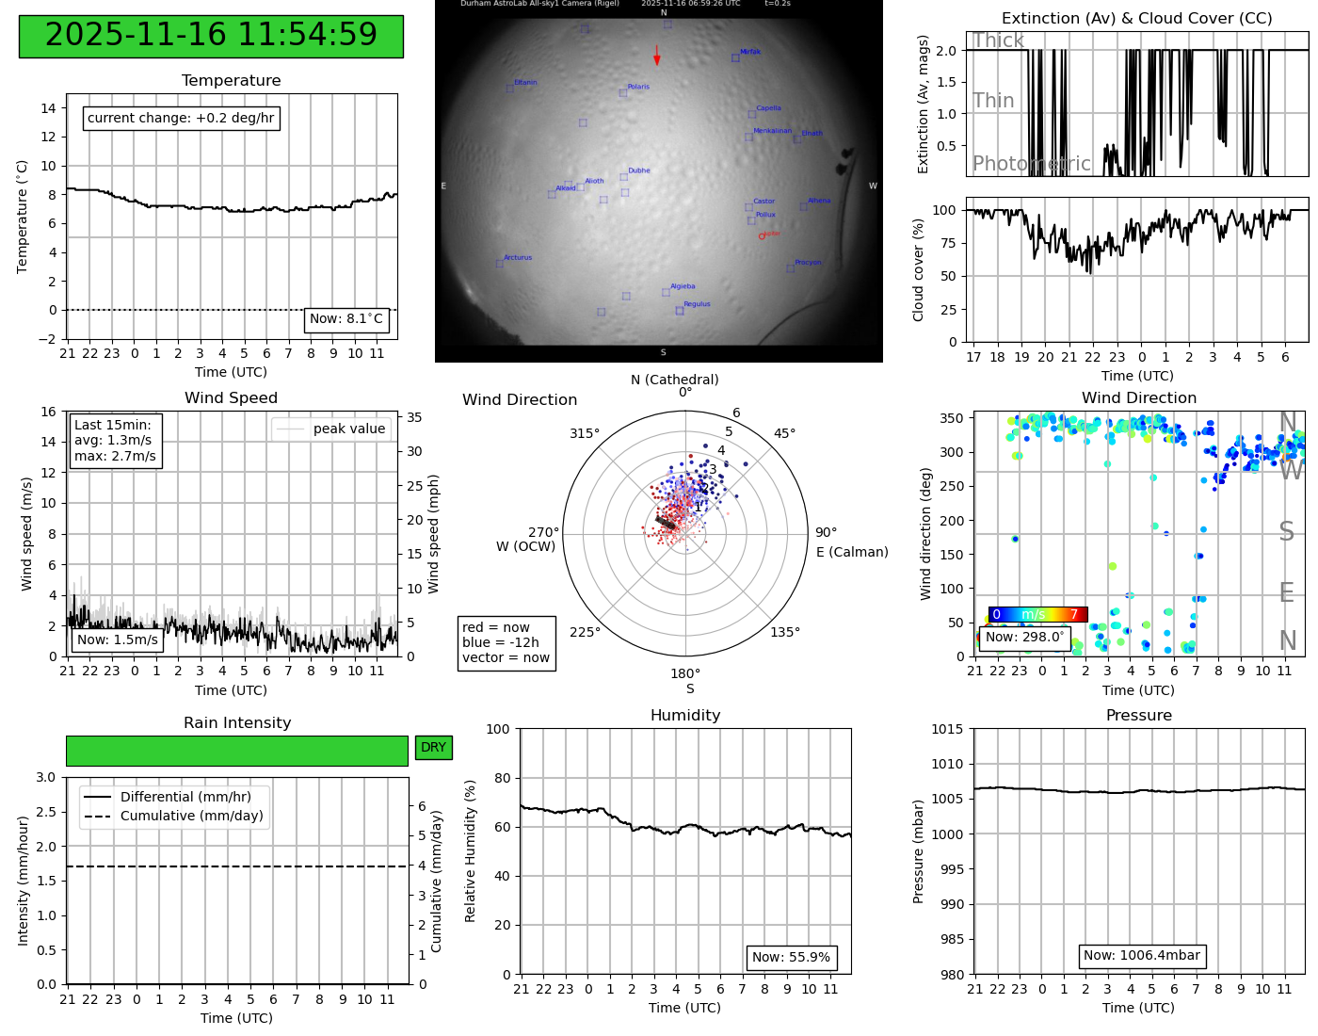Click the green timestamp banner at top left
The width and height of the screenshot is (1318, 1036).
(x=211, y=36)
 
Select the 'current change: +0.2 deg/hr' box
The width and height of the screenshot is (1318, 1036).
(x=181, y=118)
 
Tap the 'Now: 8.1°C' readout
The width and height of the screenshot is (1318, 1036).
(x=346, y=319)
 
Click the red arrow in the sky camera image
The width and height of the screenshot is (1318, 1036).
(x=657, y=56)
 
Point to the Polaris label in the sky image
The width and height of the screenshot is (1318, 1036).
(x=638, y=87)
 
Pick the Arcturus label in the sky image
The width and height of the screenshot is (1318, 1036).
(x=518, y=257)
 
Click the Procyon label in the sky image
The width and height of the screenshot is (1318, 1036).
(x=808, y=263)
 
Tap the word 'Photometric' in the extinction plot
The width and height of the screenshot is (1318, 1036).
(x=1031, y=164)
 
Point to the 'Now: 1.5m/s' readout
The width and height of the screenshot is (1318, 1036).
(x=118, y=640)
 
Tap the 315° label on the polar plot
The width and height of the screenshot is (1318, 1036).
(x=584, y=433)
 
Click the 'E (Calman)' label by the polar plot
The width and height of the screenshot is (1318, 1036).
(x=852, y=552)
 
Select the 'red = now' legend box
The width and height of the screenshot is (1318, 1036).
(x=506, y=642)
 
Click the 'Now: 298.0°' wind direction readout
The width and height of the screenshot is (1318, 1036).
(x=1024, y=638)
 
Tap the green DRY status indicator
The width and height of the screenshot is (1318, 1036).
(x=433, y=748)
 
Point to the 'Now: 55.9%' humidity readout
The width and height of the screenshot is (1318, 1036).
(x=791, y=958)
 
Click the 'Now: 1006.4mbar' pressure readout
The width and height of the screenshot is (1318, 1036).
(x=1141, y=956)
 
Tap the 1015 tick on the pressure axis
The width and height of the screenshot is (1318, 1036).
(x=947, y=729)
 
